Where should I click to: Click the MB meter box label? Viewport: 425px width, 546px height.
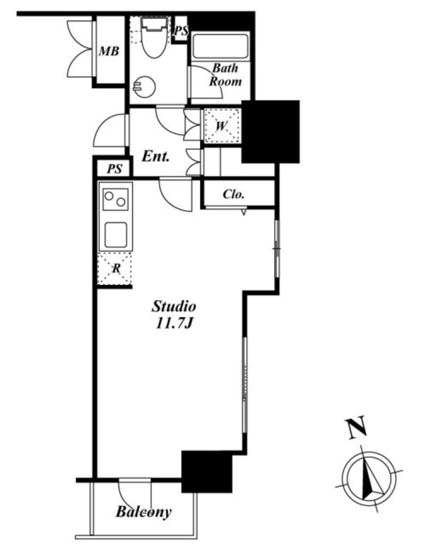point(109,51)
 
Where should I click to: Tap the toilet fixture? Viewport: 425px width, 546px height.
point(154,38)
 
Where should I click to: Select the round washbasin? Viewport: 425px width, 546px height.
point(144,86)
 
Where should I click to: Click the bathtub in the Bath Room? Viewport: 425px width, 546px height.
point(221,46)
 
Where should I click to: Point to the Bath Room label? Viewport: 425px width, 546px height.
point(225,75)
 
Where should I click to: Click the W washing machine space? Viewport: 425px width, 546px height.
point(222,125)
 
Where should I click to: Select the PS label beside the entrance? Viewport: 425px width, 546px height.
point(114,169)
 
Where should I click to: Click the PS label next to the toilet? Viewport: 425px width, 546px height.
point(181,31)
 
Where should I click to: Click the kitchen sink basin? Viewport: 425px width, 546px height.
point(116,235)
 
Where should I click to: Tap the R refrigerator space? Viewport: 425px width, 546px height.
point(115,269)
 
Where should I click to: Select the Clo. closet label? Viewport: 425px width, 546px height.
point(233,194)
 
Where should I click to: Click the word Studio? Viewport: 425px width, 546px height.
point(174,307)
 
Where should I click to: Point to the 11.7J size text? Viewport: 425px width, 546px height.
point(174,324)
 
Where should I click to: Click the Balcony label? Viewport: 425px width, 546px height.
point(143,512)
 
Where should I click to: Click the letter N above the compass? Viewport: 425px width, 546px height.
point(356,427)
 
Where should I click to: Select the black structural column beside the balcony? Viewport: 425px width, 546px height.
point(207,472)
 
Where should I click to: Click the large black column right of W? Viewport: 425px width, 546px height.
point(271,132)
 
